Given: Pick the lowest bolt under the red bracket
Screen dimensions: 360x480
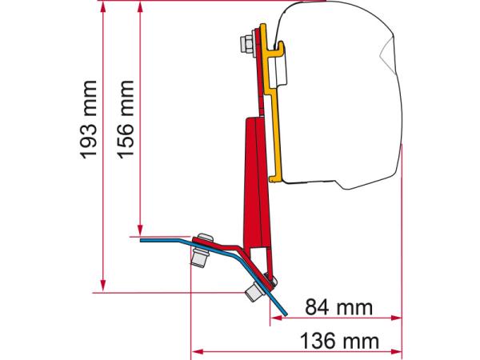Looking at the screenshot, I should pyautogui.click(x=255, y=293).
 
